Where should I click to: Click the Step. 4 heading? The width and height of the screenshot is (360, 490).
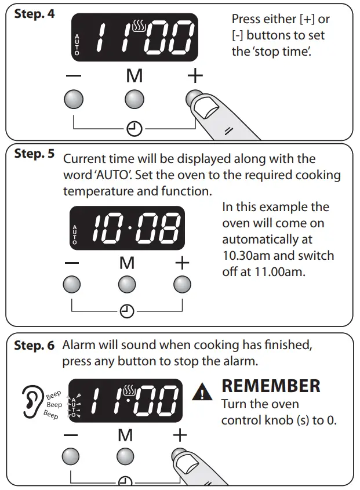click(34, 13)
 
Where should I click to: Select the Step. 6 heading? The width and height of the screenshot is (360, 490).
click(34, 346)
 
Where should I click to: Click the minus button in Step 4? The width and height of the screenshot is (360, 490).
click(73, 99)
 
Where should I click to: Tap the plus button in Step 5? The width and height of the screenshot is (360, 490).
click(182, 285)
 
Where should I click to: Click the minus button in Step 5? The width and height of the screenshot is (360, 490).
click(71, 285)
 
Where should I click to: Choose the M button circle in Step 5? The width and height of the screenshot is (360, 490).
click(127, 285)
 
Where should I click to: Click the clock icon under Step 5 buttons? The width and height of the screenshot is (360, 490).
click(127, 311)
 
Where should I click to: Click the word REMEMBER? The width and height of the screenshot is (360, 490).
click(271, 386)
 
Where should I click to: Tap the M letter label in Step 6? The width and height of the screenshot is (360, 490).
click(125, 434)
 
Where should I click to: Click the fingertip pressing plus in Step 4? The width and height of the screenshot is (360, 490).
click(206, 107)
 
